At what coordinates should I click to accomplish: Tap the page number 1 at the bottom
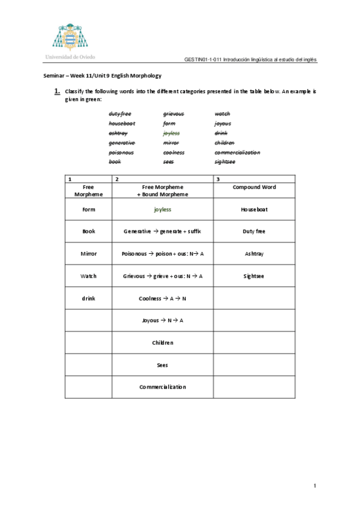coord(314,485)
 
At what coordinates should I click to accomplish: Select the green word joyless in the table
coord(162,210)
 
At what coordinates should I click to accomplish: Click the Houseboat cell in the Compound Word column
coord(254,210)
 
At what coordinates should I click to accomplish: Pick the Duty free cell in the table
coord(254,232)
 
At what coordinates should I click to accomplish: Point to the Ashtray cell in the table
coord(254,254)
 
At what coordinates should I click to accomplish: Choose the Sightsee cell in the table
coord(254,276)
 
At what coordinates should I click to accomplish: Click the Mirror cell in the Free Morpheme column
coord(89,254)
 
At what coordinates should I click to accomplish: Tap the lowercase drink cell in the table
coord(89,298)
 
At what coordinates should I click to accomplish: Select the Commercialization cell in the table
coord(162,387)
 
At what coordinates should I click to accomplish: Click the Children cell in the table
coord(162,342)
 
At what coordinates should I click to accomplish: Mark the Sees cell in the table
coord(162,364)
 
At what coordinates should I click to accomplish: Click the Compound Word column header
coord(254,187)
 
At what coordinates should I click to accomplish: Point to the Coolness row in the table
coord(162,298)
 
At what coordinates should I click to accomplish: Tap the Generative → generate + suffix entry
coord(162,232)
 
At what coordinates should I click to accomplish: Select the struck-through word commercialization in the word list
coord(237,152)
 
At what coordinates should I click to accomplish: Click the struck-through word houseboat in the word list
coord(121,123)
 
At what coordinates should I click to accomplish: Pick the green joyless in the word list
coord(171,133)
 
